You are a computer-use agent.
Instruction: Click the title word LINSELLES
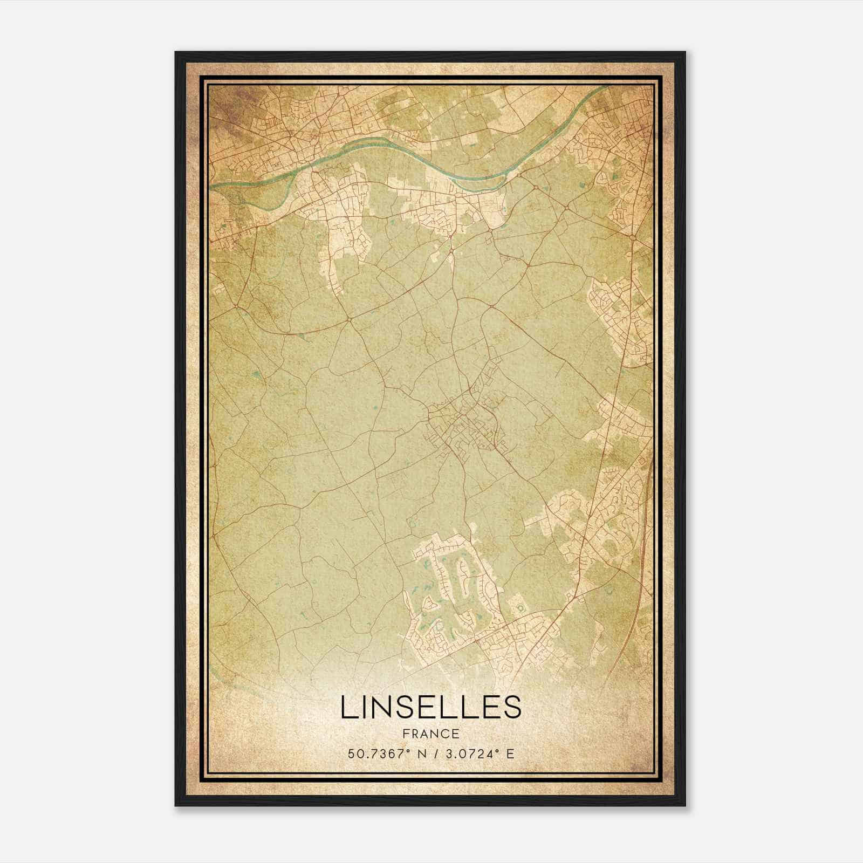(x=431, y=707)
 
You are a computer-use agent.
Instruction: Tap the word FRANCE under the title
(x=431, y=734)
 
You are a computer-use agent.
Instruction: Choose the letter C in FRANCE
(x=445, y=734)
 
